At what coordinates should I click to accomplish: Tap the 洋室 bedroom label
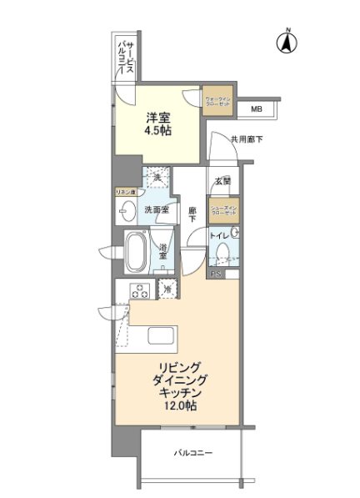click(160, 117)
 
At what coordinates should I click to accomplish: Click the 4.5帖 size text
click(160, 132)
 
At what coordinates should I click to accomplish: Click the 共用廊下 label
click(247, 139)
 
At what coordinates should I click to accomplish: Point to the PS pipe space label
click(214, 273)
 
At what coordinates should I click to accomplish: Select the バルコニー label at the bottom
click(192, 453)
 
